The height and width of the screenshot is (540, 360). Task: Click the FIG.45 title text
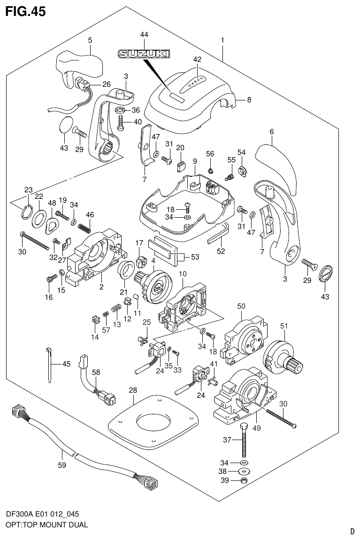[25, 11]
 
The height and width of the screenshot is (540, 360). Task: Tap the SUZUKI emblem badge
[144, 54]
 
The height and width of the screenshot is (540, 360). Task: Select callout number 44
[144, 35]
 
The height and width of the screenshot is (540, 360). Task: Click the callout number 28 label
[133, 390]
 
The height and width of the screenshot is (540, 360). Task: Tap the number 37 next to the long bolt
[228, 440]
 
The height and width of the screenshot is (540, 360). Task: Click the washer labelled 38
[244, 471]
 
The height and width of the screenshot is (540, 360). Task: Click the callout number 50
[241, 306]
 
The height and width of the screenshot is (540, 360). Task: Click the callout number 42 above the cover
[197, 60]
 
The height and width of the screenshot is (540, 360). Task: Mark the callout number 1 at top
[222, 41]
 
